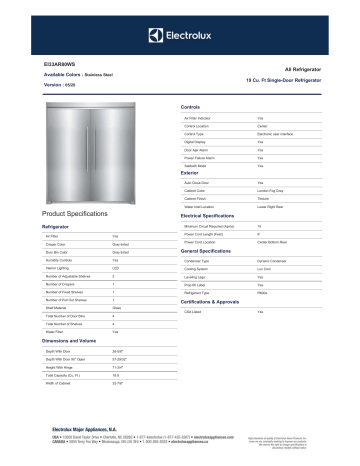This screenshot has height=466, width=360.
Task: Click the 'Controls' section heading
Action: coord(190,106)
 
